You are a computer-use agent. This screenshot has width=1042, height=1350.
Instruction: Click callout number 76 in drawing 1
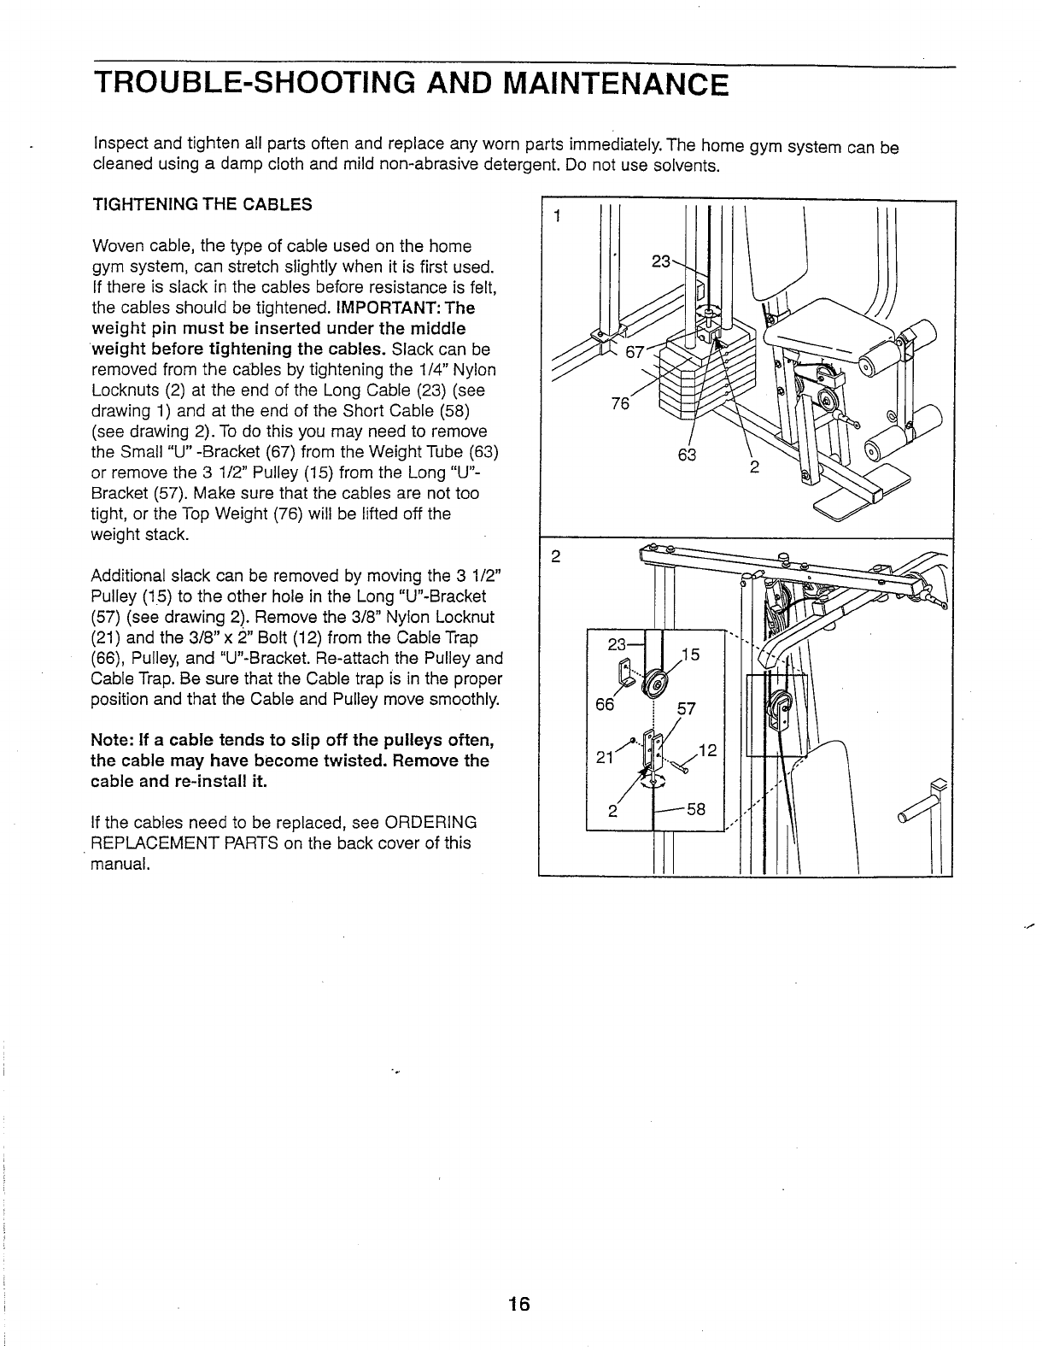pyautogui.click(x=619, y=403)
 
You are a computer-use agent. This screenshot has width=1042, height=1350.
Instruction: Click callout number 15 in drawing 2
pyautogui.click(x=691, y=654)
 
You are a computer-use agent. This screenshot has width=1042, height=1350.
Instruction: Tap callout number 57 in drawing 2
pyautogui.click(x=687, y=708)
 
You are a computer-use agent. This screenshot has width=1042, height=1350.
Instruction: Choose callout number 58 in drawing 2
pyautogui.click(x=696, y=807)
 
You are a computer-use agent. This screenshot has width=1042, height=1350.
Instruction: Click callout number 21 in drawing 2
pyautogui.click(x=604, y=757)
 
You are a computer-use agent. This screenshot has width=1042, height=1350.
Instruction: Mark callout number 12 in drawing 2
pyautogui.click(x=705, y=750)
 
